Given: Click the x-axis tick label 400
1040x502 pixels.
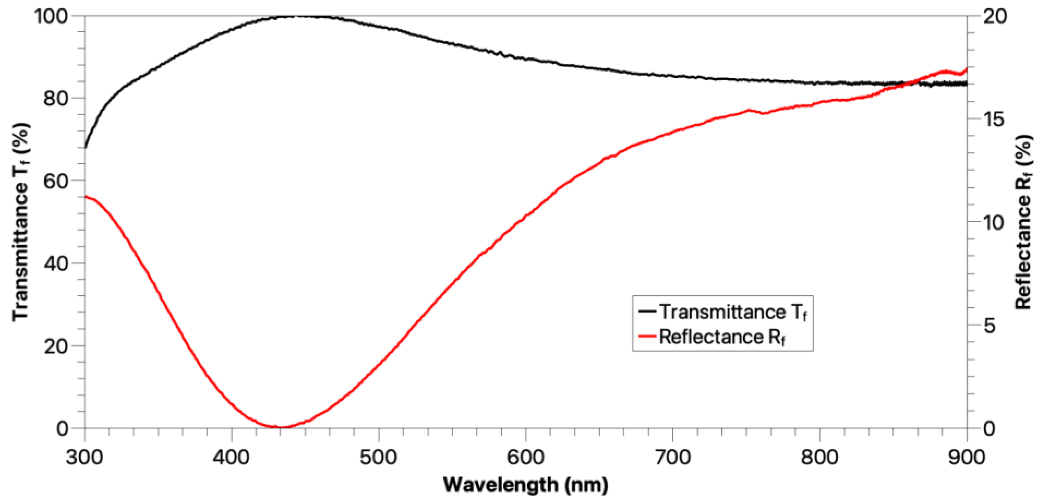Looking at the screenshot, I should tap(232, 458).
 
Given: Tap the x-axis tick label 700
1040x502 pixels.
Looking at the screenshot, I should tap(673, 458).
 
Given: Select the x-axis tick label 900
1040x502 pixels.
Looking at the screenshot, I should tap(967, 458).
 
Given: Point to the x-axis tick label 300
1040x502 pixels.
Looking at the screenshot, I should tap(85, 458).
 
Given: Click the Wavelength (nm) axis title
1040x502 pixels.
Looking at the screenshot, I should tap(526, 485).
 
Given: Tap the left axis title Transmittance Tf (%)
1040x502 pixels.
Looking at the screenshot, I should tap(21, 222).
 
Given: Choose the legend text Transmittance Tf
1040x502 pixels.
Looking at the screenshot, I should tap(733, 312).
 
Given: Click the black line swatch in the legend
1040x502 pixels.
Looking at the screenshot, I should tap(647, 312).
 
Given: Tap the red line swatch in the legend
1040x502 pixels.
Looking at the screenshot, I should tap(647, 336).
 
